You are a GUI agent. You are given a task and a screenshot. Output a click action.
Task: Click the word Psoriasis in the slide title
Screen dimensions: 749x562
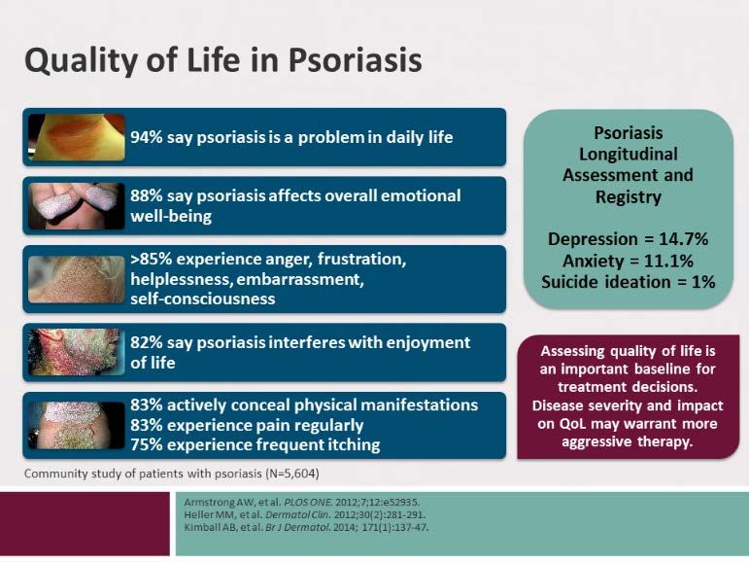(x=355, y=60)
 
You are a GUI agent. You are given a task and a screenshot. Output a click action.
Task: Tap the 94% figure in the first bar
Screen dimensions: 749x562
(x=147, y=137)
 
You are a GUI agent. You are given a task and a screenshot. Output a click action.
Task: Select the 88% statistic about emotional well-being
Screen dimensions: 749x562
(x=147, y=195)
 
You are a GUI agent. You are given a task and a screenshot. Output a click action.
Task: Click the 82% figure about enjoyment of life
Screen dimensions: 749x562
(x=147, y=342)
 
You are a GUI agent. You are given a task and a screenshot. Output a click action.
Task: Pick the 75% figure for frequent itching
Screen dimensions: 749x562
(x=147, y=444)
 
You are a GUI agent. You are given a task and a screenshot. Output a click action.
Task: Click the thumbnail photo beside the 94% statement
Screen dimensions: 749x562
(x=77, y=137)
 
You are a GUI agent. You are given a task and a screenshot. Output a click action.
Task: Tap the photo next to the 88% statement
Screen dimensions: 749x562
(x=77, y=206)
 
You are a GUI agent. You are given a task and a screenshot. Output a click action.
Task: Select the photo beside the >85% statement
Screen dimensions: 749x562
(x=77, y=279)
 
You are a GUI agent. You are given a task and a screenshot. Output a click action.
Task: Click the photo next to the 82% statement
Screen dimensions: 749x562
(x=77, y=352)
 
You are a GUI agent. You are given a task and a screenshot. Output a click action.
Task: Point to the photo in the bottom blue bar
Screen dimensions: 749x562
(x=77, y=425)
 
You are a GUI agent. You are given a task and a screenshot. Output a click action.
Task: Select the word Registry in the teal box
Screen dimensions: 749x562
(x=629, y=197)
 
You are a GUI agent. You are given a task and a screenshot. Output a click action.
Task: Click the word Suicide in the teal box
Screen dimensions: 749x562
(x=568, y=282)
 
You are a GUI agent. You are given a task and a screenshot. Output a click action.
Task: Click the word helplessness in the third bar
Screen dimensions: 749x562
(x=181, y=279)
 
